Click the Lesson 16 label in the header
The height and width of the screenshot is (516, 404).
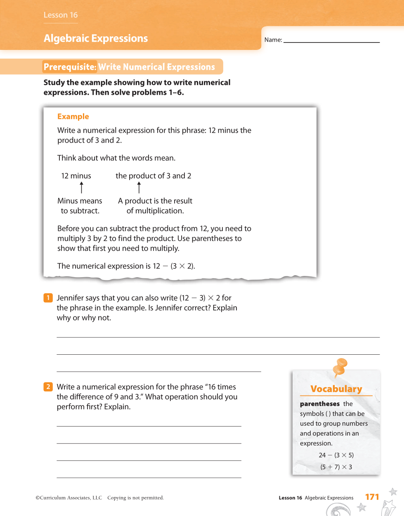coord(61,15)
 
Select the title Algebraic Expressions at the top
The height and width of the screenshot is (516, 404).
coord(96,38)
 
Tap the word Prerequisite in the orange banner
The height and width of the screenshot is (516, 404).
coord(70,67)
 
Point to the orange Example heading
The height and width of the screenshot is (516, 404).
coord(73,117)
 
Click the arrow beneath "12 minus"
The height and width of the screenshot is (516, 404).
coord(82,188)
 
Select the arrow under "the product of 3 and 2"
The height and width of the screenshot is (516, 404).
coord(139,188)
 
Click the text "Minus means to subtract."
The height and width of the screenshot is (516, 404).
coord(80,206)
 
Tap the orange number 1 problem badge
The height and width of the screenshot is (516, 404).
coord(48,298)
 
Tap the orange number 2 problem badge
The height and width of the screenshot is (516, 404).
coord(48,387)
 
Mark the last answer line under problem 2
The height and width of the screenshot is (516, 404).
coord(149,477)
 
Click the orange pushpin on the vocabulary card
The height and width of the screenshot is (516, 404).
coord(340,366)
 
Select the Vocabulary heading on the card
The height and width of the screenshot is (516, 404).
coord(336,389)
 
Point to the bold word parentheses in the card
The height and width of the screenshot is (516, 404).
coord(320,404)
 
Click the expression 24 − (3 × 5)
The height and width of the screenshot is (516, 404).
coord(336,455)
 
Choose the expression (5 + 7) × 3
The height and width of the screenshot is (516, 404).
coord(336,467)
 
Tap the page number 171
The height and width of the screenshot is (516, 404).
coord(372,497)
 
